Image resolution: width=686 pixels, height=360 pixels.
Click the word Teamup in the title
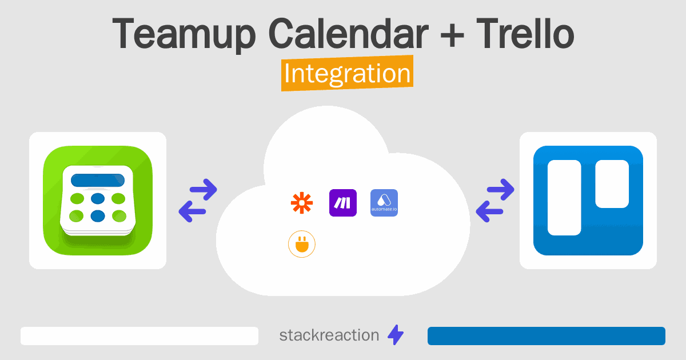click(x=184, y=34)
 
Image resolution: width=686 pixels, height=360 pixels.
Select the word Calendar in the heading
click(x=348, y=33)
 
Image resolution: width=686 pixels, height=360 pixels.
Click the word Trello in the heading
click(x=525, y=33)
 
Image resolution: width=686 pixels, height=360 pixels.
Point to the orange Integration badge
click(x=348, y=73)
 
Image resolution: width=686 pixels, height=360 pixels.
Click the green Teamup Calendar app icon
click(x=98, y=201)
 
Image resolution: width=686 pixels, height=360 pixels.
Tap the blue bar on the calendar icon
click(x=98, y=180)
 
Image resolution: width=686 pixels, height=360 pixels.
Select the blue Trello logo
click(x=588, y=201)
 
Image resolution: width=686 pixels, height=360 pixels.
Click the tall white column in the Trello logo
click(x=564, y=198)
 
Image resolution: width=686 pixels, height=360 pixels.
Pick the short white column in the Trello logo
click(x=612, y=183)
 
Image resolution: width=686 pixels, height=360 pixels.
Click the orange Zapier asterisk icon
click(x=302, y=203)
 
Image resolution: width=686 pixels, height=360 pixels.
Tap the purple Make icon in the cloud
click(x=342, y=203)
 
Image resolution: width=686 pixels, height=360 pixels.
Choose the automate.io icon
click(x=384, y=203)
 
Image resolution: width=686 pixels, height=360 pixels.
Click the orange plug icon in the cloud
click(x=302, y=244)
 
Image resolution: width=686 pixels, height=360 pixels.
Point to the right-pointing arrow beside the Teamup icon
click(x=204, y=190)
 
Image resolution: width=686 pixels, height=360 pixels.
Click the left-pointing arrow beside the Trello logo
click(x=489, y=211)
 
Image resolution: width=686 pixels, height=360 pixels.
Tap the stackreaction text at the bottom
click(x=329, y=335)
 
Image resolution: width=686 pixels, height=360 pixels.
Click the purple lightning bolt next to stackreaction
click(x=396, y=335)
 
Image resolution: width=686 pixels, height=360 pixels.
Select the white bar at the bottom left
click(x=139, y=336)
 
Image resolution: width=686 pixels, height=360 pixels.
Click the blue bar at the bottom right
click(x=547, y=336)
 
